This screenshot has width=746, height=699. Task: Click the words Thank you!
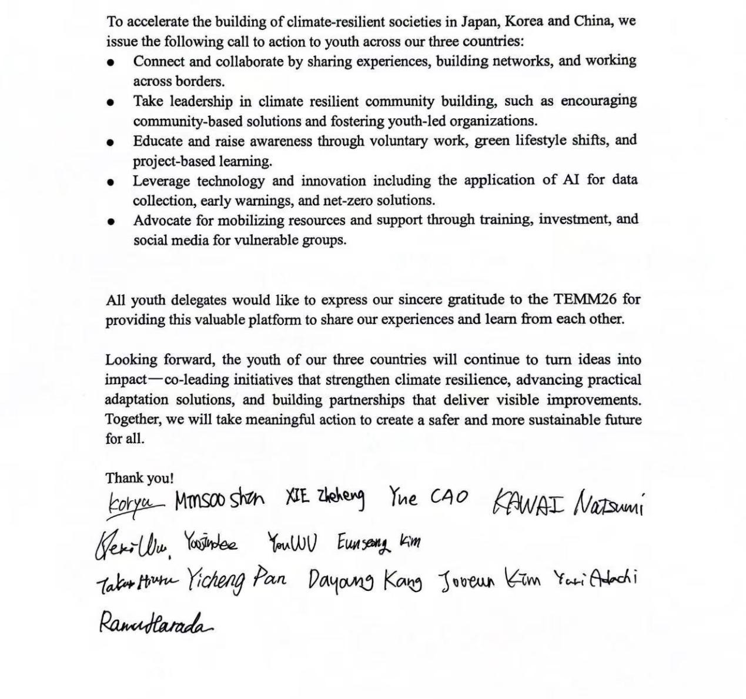139,479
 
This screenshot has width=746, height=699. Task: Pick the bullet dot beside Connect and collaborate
111,62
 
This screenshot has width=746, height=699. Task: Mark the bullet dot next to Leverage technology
111,182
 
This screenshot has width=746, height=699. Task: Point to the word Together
133,420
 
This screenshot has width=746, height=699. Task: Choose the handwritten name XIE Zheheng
325,498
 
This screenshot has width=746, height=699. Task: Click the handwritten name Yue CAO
427,498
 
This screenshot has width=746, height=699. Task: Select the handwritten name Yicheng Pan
236,580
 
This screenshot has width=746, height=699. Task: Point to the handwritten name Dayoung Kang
364,581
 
